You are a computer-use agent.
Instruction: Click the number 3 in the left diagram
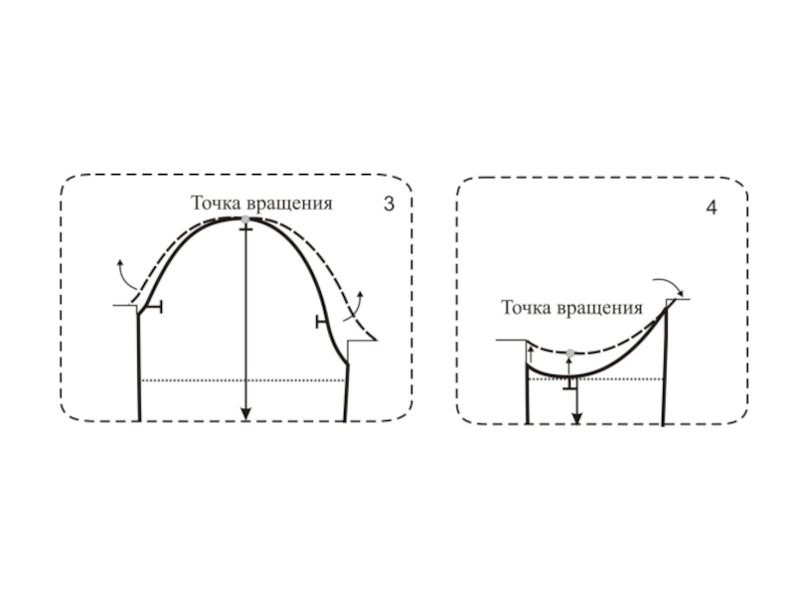point(389,205)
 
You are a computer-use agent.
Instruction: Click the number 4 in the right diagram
point(712,210)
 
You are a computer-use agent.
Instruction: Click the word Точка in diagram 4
point(526,308)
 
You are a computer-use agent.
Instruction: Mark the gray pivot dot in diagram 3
point(245,219)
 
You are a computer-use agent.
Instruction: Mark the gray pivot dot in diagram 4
point(569,353)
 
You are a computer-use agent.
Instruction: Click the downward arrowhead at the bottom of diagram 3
point(245,415)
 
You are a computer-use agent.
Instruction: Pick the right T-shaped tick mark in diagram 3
point(321,321)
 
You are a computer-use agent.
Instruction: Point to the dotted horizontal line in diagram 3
point(199,379)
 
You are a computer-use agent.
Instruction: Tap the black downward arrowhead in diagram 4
point(576,417)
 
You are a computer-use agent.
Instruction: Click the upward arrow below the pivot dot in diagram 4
point(568,366)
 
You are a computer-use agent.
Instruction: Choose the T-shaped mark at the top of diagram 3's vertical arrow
point(245,229)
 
